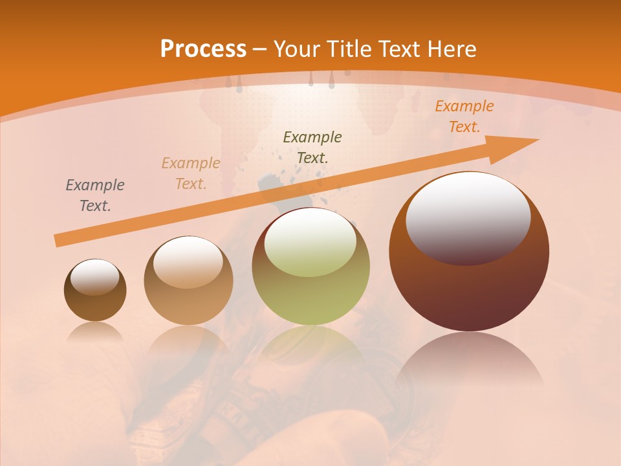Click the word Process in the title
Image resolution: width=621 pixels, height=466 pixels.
[203, 49]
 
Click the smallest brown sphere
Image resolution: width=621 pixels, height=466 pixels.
[95, 290]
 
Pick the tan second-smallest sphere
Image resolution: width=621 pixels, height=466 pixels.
[188, 281]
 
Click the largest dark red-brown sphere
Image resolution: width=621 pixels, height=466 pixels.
[469, 251]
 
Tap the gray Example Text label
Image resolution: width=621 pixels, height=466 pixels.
[95, 195]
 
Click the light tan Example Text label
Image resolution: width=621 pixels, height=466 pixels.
[191, 173]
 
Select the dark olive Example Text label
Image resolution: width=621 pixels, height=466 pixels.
[312, 147]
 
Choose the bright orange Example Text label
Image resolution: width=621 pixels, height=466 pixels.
[464, 116]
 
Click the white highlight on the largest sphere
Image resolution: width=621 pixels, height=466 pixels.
[468, 217]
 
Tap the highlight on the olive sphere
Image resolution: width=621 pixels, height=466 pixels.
[310, 243]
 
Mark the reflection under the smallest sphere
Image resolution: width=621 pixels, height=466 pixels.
[95, 332]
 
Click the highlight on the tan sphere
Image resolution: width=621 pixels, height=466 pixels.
[188, 261]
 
